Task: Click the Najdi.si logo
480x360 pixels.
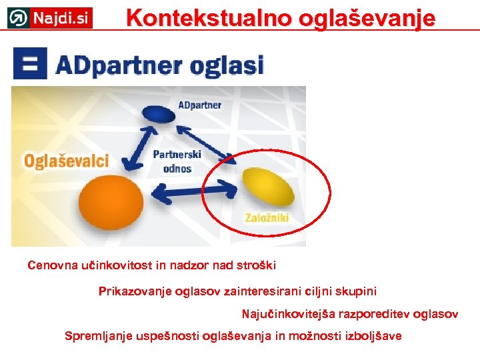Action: [50, 17]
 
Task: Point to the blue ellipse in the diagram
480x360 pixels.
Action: [159, 114]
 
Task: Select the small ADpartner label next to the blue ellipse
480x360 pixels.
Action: [200, 105]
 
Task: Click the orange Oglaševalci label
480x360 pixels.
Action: [66, 161]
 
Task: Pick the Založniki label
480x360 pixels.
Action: [266, 217]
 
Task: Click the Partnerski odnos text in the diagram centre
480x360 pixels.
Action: [177, 161]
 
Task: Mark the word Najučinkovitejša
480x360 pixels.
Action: [288, 314]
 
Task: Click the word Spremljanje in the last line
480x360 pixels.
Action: [97, 336]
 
